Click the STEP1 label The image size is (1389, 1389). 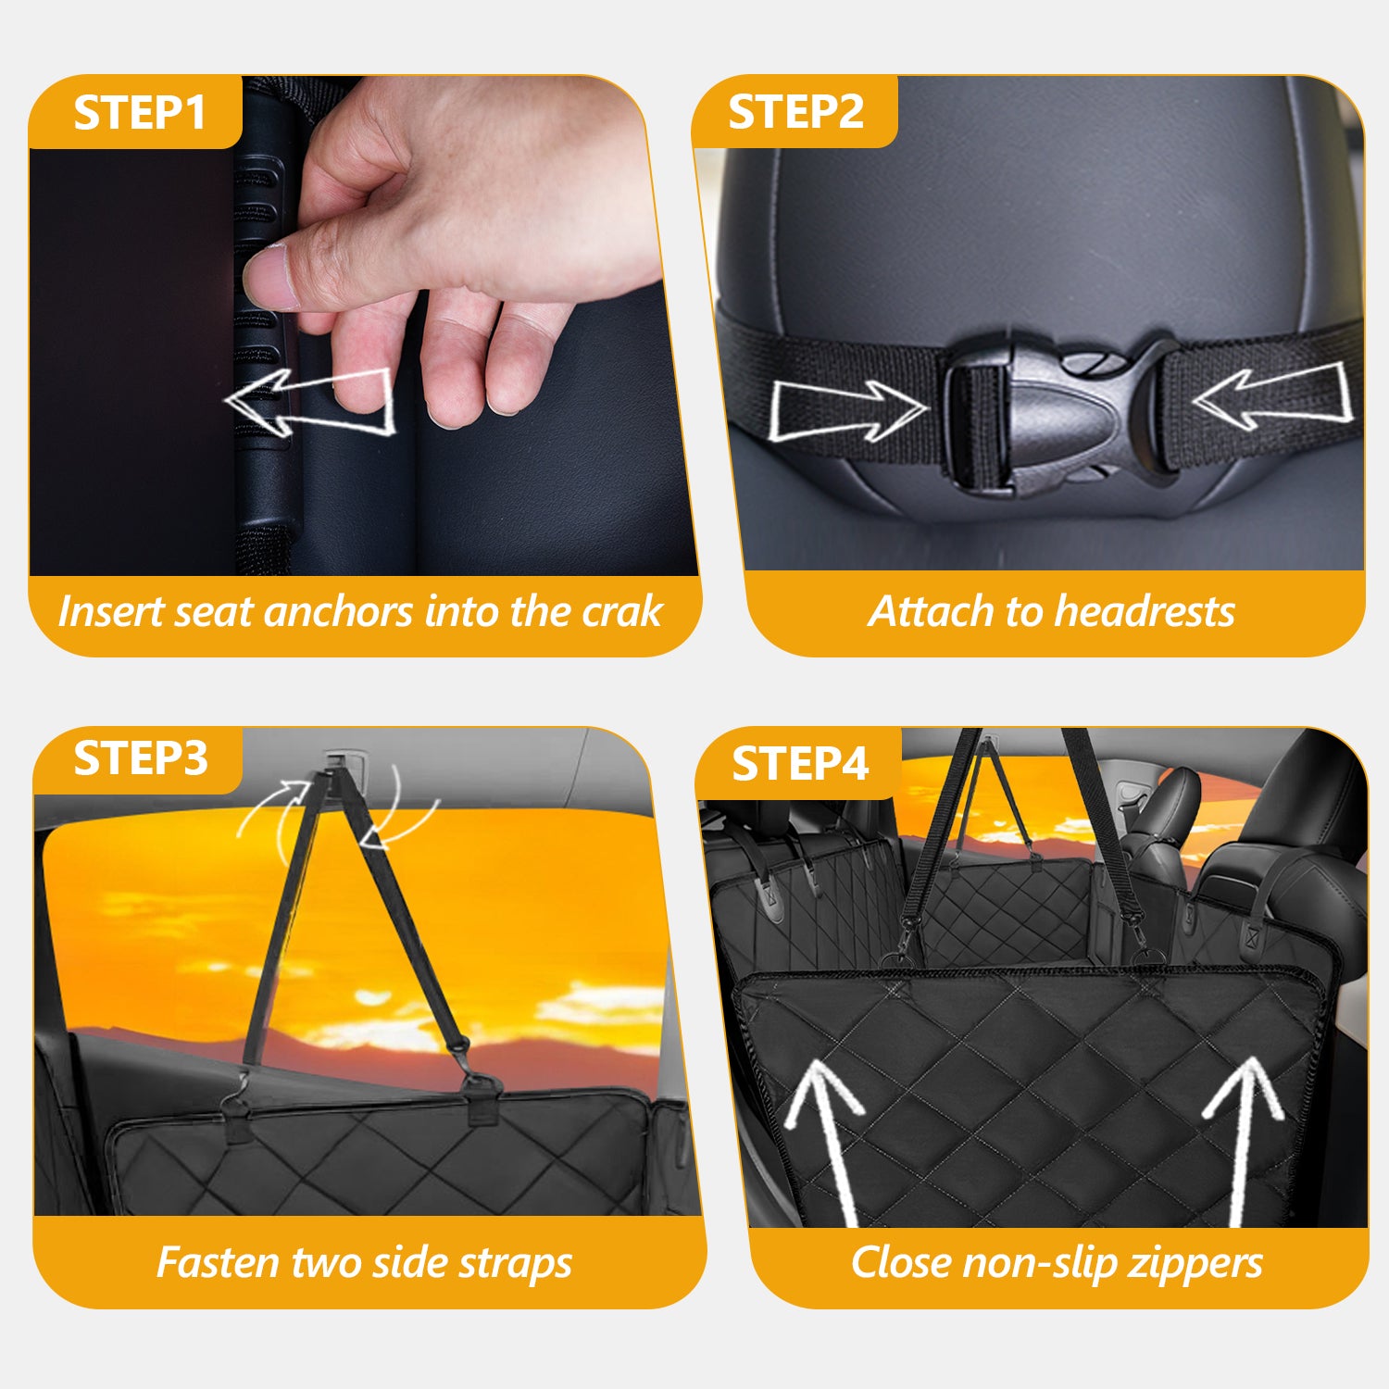coord(140,113)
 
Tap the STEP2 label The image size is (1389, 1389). coord(795,113)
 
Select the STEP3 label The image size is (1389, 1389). coord(141,759)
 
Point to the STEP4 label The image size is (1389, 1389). coord(800,765)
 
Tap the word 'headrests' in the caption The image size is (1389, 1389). coord(1145,612)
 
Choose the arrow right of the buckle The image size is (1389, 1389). coord(1271,394)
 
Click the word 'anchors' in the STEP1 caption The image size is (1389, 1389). coord(337,612)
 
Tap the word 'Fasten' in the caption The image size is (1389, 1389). coord(218,1263)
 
